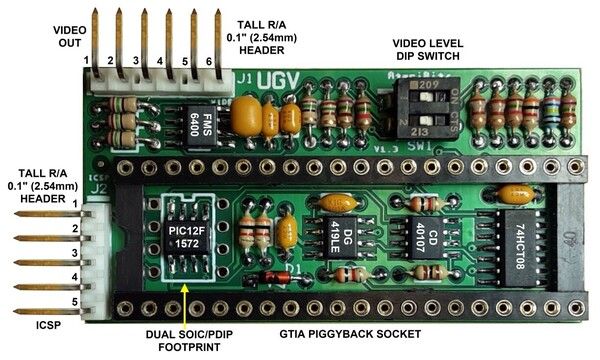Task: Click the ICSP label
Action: (x=31, y=325)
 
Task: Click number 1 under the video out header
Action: (x=87, y=62)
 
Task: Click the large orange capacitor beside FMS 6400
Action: (x=247, y=121)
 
